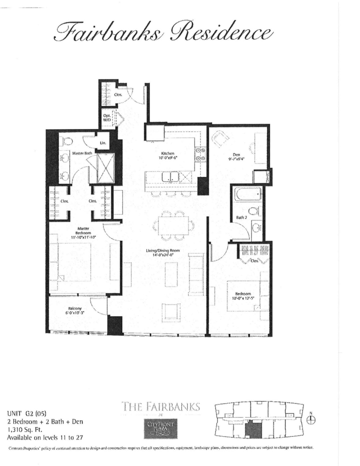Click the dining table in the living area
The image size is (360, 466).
click(172, 225)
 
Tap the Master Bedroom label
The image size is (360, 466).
click(80, 231)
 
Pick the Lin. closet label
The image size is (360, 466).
click(103, 143)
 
